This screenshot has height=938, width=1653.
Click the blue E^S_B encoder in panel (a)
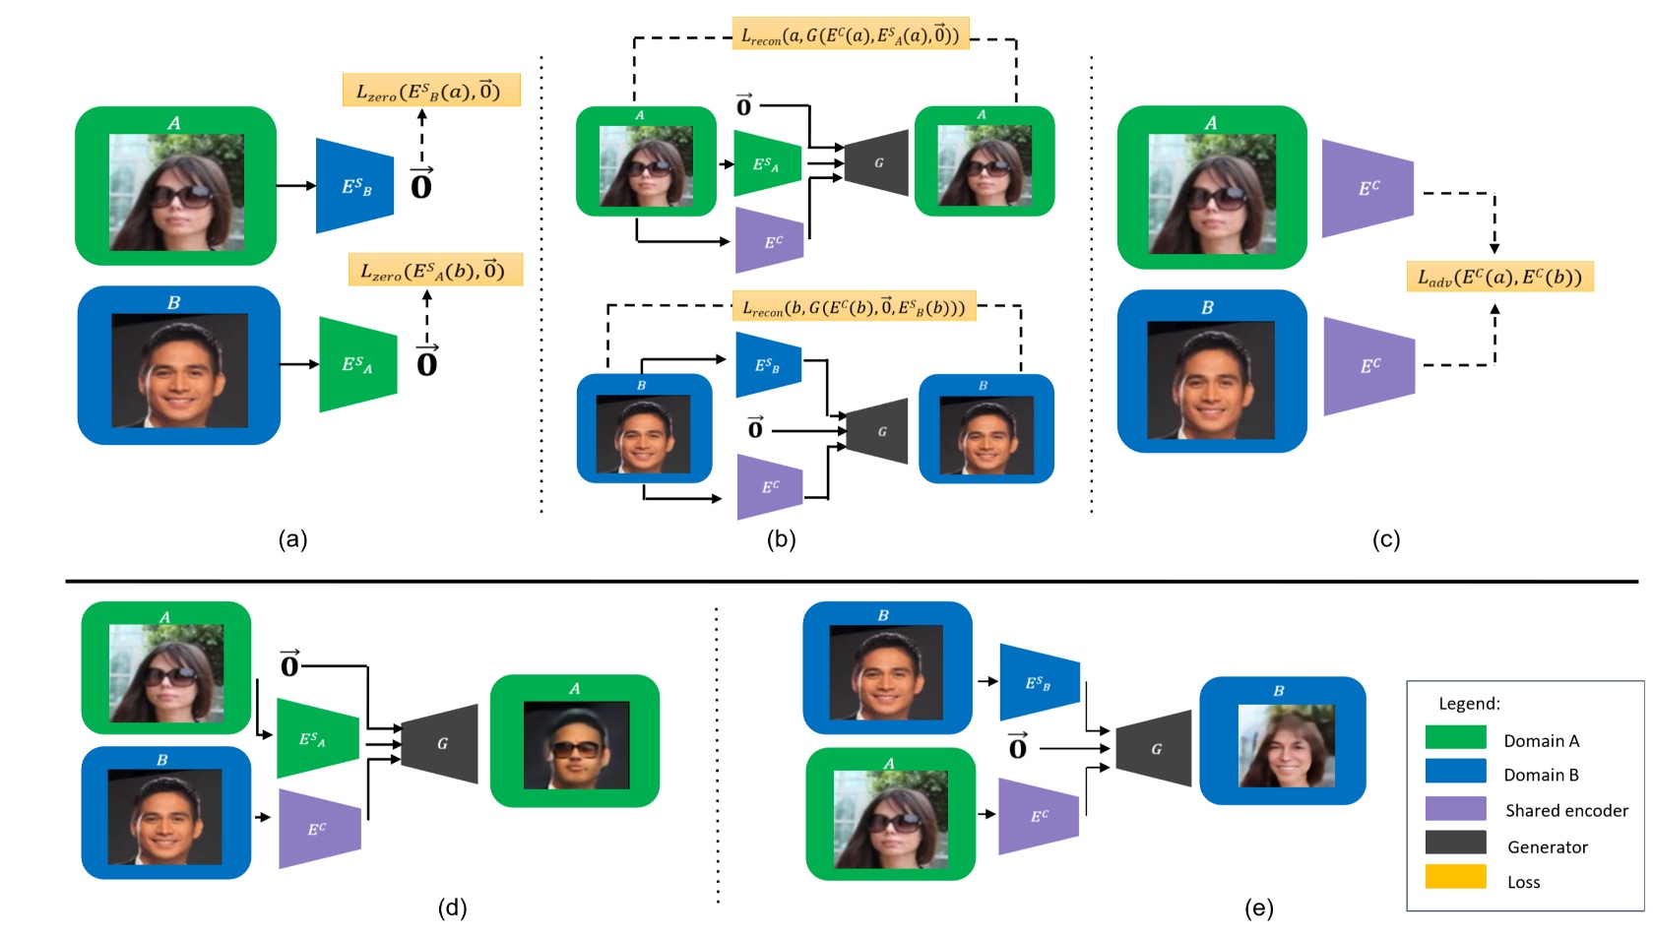(354, 186)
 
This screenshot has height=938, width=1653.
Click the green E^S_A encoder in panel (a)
(357, 365)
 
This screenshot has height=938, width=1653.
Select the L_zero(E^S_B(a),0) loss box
(430, 92)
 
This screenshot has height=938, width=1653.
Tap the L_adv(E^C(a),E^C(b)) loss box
(1498, 277)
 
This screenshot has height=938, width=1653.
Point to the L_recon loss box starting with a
(850, 35)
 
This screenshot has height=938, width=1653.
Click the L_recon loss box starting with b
(854, 307)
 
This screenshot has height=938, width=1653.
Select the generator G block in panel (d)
(441, 744)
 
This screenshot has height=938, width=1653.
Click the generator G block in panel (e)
(1154, 749)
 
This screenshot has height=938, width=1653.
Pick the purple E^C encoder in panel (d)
(319, 829)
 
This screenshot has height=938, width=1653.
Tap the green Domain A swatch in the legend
(1455, 738)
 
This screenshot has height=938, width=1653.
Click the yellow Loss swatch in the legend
(1455, 877)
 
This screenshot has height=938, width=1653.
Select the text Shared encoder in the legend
(1565, 811)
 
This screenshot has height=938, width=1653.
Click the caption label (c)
(1385, 539)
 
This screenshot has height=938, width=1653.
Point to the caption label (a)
(292, 539)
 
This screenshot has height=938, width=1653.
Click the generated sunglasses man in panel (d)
(576, 746)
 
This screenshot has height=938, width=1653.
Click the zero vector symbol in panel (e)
(1018, 747)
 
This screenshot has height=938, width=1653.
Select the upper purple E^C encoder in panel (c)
(1367, 188)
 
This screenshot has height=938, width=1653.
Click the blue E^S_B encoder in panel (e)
(1039, 682)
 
